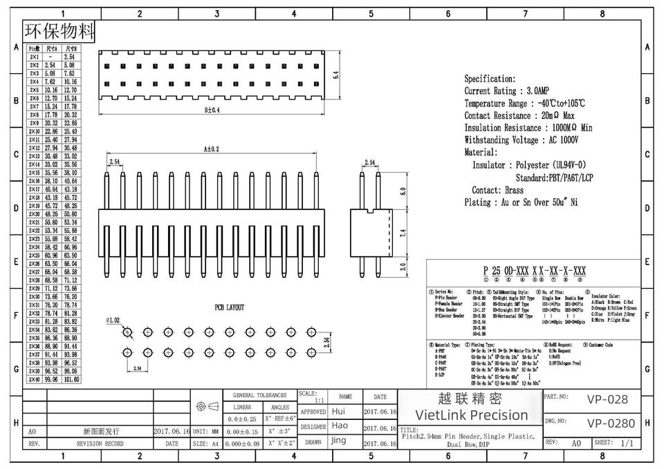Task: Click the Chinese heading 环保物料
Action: tap(59, 31)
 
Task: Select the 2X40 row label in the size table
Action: tap(34, 379)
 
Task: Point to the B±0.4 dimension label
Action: tap(212, 110)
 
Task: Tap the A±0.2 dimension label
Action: tap(211, 149)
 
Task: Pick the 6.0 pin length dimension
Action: tap(403, 191)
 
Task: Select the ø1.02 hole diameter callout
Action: tap(113, 320)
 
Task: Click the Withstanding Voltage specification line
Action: tap(521, 140)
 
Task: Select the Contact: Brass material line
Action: tap(497, 190)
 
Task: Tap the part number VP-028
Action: tap(607, 399)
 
